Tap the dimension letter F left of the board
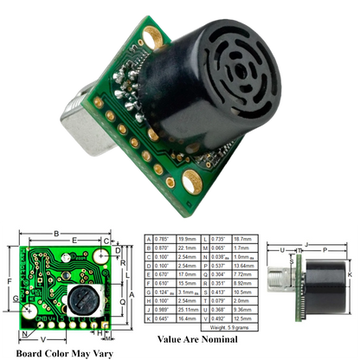[x=9, y=280]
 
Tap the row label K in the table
[x=148, y=318]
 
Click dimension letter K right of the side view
[x=350, y=275]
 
